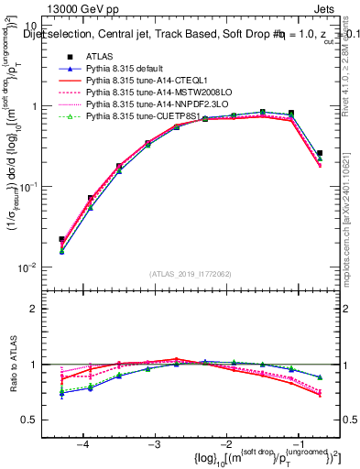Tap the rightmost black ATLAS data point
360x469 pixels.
(x=320, y=153)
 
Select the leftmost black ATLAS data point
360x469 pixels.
(x=61, y=239)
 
